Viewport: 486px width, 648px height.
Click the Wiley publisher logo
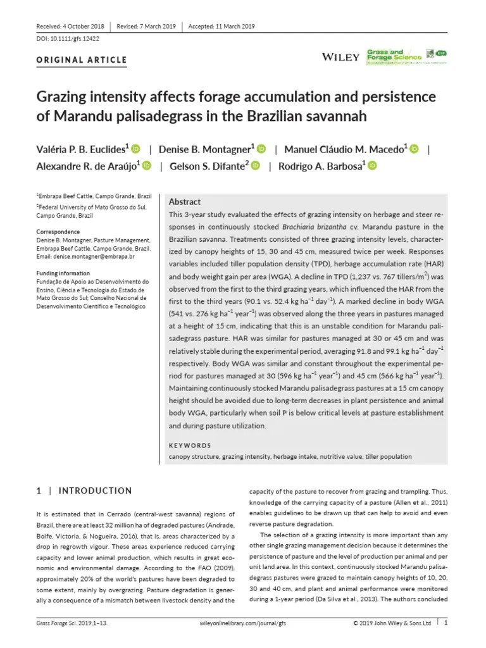pyautogui.click(x=340, y=57)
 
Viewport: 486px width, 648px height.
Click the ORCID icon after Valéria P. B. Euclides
pyautogui.click(x=135, y=149)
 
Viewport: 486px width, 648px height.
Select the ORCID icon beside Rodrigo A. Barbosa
pyautogui.click(x=372, y=166)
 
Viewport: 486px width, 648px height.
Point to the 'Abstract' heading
pyautogui.click(x=185, y=201)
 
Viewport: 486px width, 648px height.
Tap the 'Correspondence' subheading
pyautogui.click(x=58, y=232)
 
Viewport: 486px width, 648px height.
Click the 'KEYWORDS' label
pyautogui.click(x=190, y=445)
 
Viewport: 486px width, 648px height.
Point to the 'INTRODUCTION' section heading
pyautogui.click(x=95, y=490)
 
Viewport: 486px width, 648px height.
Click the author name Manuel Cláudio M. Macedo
pyautogui.click(x=344, y=150)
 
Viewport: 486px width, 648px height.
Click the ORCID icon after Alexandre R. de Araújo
pyautogui.click(x=147, y=166)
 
